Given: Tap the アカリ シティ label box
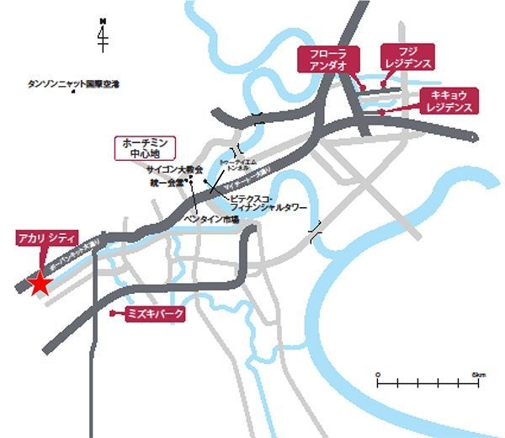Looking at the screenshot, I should click(47, 238).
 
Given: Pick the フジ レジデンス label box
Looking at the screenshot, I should click(408, 57).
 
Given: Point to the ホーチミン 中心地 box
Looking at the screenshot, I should click(144, 148).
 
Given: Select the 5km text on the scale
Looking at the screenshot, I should click(479, 373).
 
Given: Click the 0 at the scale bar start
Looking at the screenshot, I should click(379, 373).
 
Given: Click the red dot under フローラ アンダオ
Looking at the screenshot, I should click(359, 87).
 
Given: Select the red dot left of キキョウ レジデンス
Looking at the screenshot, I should click(381, 111).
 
